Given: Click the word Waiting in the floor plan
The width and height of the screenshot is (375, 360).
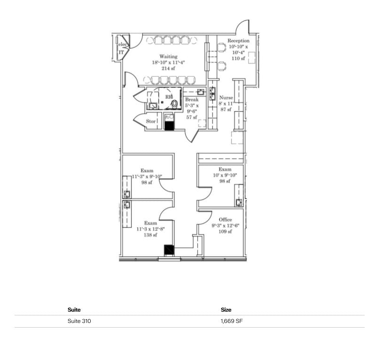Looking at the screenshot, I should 168,56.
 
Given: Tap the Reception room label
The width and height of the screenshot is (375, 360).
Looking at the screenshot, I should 238,41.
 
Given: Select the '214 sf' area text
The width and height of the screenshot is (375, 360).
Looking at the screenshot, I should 168,68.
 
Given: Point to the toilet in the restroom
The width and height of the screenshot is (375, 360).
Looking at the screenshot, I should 174,103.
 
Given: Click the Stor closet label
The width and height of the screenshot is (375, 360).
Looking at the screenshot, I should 150,121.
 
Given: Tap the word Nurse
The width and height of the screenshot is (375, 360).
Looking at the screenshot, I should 227,98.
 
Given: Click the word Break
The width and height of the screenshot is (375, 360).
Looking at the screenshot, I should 191,100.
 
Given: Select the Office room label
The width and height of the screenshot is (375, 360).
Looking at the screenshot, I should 225,219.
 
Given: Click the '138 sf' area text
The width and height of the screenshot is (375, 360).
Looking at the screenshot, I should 150,235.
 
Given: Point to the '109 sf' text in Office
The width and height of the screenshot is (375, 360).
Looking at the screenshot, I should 225,231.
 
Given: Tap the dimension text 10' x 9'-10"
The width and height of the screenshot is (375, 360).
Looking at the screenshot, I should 225,175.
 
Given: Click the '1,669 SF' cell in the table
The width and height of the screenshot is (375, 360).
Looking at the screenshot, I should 232,321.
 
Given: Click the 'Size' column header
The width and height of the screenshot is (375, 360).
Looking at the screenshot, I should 226,310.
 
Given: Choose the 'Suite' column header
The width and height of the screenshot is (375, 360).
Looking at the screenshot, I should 74,310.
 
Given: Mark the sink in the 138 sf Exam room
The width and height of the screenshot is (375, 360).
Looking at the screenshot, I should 126,205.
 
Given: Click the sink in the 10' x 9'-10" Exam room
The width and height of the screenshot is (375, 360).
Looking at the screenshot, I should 239,202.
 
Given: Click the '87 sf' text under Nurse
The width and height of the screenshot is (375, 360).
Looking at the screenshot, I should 226,109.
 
